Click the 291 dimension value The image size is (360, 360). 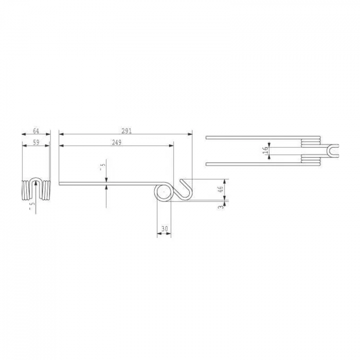pyautogui.click(x=127, y=130)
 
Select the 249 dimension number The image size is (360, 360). pyautogui.click(x=117, y=142)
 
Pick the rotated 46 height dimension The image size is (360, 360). pyautogui.click(x=221, y=189)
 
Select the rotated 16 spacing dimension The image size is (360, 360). pyautogui.click(x=265, y=150)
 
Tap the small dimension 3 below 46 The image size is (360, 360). pyautogui.click(x=221, y=207)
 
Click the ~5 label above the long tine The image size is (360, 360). pyautogui.click(x=102, y=167)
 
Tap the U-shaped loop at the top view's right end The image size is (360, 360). pyautogui.click(x=332, y=150)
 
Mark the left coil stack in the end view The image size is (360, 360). pyautogui.click(x=25, y=190)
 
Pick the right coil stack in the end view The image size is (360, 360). pyautogui.click(x=46, y=190)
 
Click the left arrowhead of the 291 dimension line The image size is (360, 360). pyautogui.click(x=61, y=134)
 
